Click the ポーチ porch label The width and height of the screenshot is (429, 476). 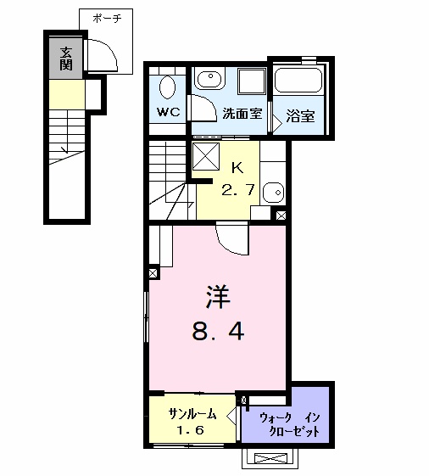tap(107, 19)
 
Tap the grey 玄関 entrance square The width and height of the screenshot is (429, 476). tap(66, 59)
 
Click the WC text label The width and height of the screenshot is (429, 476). tap(169, 112)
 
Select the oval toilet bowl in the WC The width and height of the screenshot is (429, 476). tap(168, 87)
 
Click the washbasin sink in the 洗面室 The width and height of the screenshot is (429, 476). tap(210, 78)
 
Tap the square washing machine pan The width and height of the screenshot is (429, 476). tap(252, 81)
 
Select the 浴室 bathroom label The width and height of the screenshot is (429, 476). tap(300, 115)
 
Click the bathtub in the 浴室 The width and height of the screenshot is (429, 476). tap(298, 80)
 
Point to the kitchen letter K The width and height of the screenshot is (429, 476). tap(237, 167)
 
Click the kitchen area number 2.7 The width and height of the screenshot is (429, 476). tap(238, 190)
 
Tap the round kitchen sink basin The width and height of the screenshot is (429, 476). tap(273, 192)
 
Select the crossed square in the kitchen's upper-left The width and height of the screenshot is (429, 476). tap(206, 156)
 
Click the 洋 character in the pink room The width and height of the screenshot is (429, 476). tap(218, 297)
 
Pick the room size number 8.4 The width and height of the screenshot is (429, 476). tap(218, 331)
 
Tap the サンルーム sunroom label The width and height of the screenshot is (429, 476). tap(192, 414)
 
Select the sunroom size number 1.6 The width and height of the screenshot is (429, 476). tap(191, 430)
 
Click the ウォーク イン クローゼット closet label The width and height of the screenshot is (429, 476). tap(290, 425)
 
